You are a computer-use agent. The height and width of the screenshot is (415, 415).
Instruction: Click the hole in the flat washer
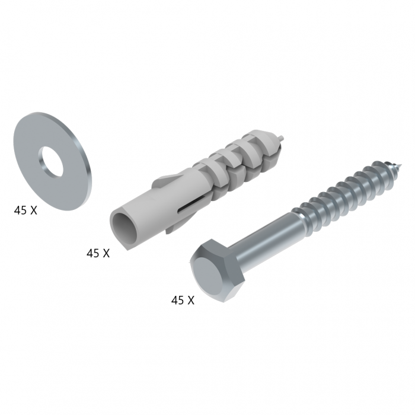point(52,162)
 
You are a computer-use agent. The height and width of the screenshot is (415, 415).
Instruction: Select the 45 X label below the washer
point(25,210)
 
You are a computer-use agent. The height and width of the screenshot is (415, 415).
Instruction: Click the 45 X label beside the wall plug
point(98,253)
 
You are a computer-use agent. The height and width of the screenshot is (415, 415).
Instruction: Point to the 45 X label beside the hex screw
point(183,301)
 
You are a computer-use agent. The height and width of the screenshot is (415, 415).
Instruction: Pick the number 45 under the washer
point(20,210)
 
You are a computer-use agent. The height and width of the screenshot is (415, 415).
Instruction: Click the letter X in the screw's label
point(191,301)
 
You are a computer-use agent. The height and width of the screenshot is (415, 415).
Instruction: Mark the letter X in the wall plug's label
point(106,253)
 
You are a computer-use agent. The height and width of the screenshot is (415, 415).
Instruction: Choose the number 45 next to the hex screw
point(177,301)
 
